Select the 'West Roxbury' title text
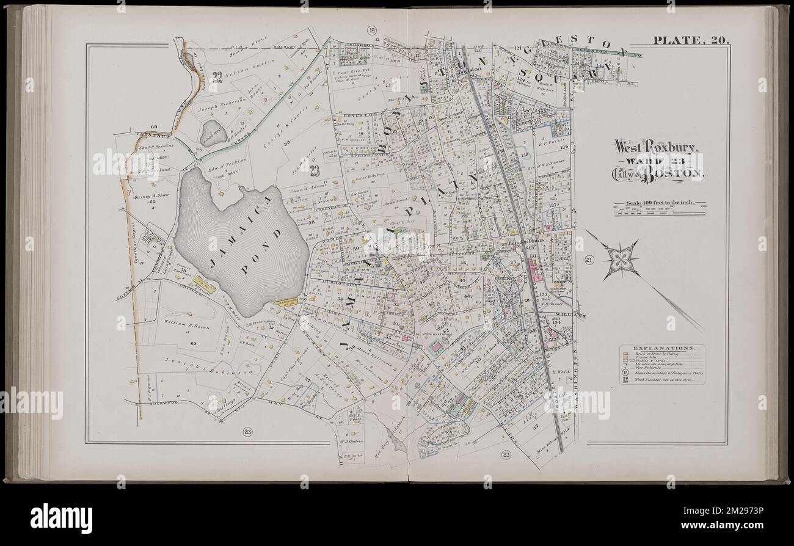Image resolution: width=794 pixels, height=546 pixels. coord(652,147)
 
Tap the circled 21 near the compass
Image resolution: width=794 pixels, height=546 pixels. coord(589,261)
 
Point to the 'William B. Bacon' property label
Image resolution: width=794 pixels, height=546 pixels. coord(186,328)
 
